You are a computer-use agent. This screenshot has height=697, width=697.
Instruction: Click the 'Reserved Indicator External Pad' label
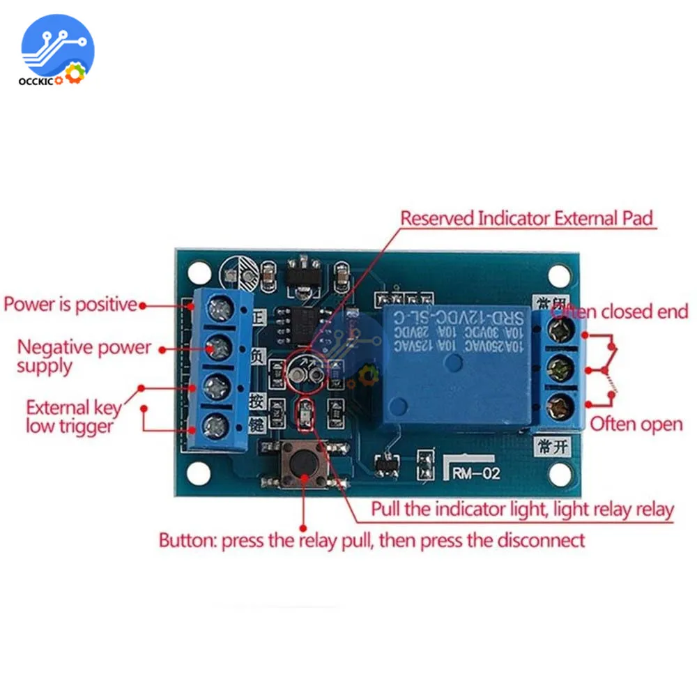(x=527, y=218)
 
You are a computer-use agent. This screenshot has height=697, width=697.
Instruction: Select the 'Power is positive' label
(x=70, y=305)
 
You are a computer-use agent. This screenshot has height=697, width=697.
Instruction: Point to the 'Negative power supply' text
(x=84, y=355)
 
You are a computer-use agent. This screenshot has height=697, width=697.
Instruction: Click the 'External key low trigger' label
(x=73, y=416)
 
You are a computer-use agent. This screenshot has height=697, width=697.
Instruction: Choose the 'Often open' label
(x=636, y=424)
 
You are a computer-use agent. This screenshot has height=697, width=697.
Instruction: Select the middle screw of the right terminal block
(x=558, y=367)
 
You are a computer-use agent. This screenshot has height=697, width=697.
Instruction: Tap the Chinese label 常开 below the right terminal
(x=550, y=446)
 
